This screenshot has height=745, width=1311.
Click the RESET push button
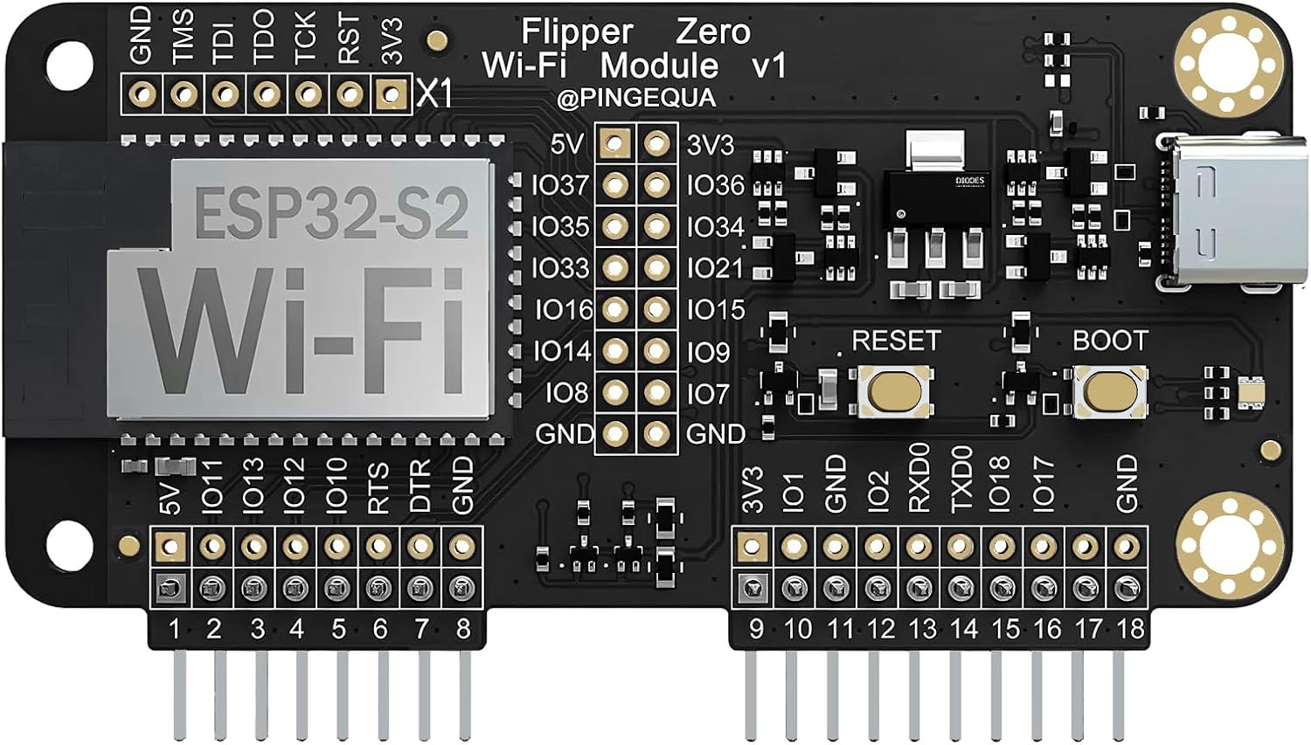(894, 390)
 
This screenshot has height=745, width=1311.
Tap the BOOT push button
(1110, 390)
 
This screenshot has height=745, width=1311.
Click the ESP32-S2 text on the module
(330, 212)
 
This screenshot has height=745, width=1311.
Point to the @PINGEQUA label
(636, 98)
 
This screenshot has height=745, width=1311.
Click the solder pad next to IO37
(615, 184)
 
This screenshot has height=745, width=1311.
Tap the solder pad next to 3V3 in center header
(657, 143)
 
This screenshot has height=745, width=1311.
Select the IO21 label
(715, 268)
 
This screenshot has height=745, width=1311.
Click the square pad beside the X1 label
(392, 93)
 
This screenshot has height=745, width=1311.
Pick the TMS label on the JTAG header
(183, 37)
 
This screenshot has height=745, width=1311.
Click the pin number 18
(1129, 628)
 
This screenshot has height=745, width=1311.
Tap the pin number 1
(174, 628)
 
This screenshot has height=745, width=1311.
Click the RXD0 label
(919, 478)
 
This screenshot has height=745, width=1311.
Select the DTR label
(420, 486)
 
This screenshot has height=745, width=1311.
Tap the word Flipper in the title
(577, 32)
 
